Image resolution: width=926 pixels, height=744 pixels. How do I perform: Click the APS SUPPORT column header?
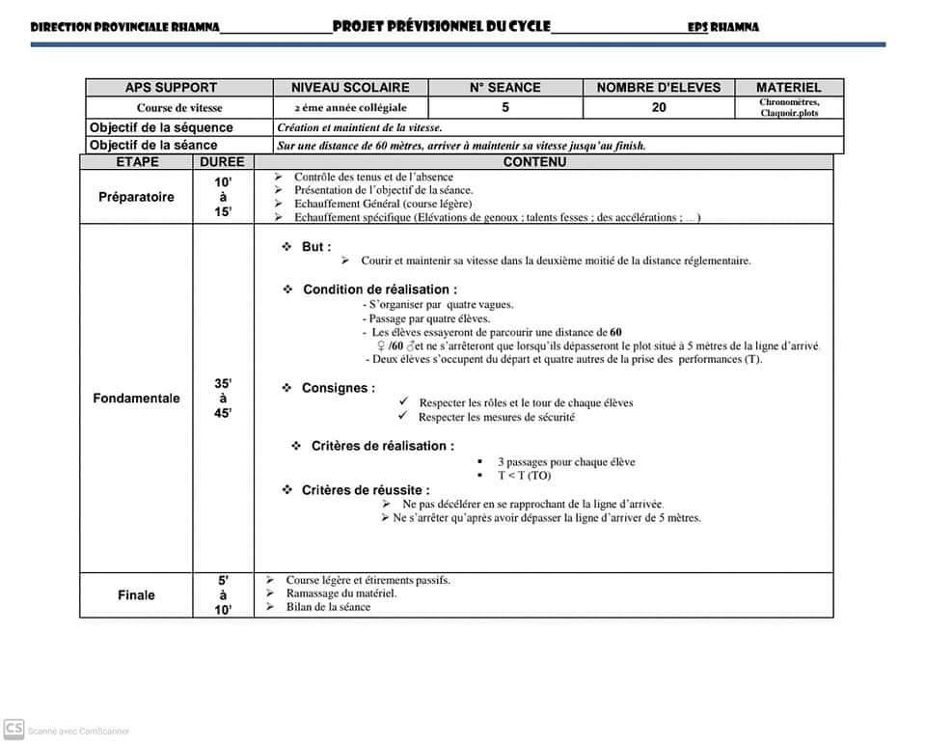tap(171, 87)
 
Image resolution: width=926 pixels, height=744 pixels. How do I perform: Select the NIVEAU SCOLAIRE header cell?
tap(350, 87)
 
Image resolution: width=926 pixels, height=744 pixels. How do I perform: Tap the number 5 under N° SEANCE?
tap(505, 107)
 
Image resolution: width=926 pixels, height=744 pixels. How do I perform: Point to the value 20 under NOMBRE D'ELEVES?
tap(659, 107)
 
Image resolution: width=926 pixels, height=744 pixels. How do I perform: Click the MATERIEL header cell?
tap(788, 87)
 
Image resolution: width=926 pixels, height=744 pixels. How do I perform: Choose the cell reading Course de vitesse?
tap(179, 108)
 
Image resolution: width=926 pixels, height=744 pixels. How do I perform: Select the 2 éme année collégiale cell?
tap(350, 108)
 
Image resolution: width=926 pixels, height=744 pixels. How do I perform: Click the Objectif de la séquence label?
tap(161, 127)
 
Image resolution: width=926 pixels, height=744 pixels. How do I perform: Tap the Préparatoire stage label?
tap(136, 197)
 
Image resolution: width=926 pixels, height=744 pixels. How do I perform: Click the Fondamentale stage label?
tap(136, 398)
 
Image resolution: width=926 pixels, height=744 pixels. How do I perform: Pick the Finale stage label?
tap(136, 594)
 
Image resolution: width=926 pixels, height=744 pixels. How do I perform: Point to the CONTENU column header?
tap(534, 162)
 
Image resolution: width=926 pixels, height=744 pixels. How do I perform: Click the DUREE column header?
tap(222, 162)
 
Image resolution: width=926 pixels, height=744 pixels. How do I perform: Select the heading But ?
tap(315, 247)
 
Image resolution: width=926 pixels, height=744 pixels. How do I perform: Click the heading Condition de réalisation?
tap(379, 289)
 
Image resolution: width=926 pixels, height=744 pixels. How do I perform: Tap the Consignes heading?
tap(338, 388)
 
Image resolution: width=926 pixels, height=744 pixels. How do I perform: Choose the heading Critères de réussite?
tap(365, 490)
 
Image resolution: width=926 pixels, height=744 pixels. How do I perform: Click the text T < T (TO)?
tap(524, 476)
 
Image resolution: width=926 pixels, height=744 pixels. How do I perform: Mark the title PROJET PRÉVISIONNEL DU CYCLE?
tap(441, 26)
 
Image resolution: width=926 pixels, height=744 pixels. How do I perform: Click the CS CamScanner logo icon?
tap(14, 729)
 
